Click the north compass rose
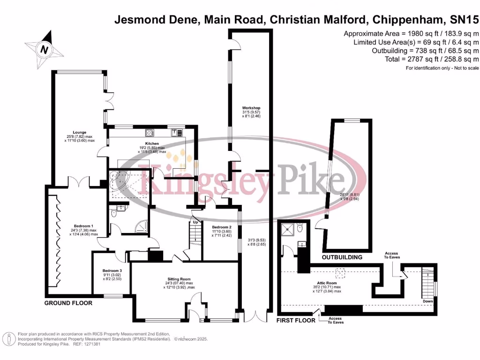tap(44, 48)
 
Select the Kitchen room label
tap(151, 143)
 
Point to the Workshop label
tap(251, 108)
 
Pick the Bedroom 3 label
tap(112, 270)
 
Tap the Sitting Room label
tap(179, 279)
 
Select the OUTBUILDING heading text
tap(342, 257)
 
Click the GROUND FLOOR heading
tap(68, 303)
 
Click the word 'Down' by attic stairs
tap(427, 301)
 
